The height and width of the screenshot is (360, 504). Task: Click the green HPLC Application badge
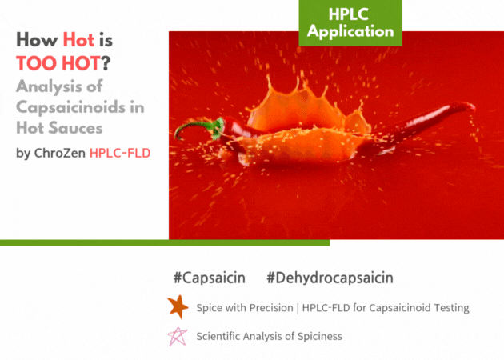(350, 22)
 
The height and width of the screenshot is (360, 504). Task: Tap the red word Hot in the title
(78, 40)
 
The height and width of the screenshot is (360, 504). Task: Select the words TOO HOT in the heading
(58, 63)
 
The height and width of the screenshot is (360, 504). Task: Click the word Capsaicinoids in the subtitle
(70, 107)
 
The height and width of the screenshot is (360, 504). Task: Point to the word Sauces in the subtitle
(75, 128)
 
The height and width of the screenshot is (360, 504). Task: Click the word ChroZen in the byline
(59, 153)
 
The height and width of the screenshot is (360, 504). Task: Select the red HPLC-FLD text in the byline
(120, 153)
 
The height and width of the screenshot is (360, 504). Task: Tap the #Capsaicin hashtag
(210, 278)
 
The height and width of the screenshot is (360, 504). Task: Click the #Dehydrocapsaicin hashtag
(330, 278)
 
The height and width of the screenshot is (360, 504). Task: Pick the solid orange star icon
(178, 307)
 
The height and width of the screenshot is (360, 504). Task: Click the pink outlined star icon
(178, 336)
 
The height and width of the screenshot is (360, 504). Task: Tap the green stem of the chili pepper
(193, 128)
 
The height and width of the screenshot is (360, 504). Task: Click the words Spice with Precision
(245, 308)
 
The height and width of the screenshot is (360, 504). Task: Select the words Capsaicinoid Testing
(419, 308)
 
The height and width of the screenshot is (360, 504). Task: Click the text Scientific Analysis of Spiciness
(269, 336)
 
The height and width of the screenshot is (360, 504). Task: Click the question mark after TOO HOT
(106, 63)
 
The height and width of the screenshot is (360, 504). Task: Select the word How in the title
(37, 40)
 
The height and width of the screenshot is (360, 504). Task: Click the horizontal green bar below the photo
(165, 242)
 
